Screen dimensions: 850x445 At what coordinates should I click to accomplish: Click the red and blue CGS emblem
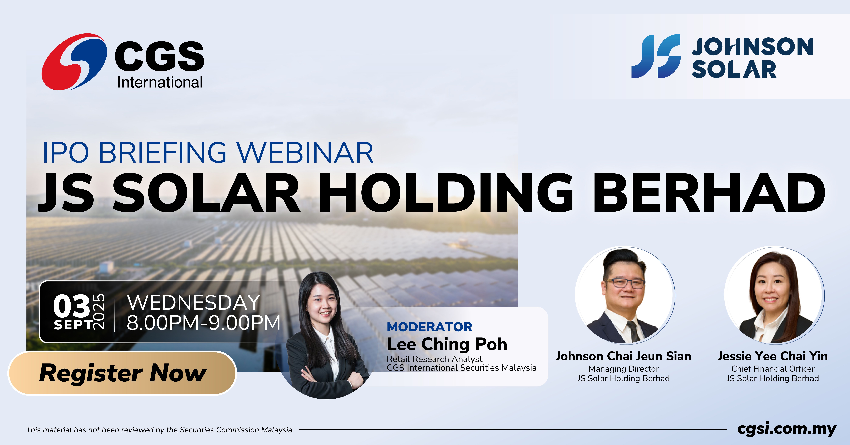(x=74, y=62)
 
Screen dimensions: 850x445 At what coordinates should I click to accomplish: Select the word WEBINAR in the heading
(x=305, y=153)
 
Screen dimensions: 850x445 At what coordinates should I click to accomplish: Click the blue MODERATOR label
(x=430, y=327)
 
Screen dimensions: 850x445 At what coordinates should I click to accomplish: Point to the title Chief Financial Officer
(x=773, y=369)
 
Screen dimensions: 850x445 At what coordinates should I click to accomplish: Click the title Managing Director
(x=623, y=369)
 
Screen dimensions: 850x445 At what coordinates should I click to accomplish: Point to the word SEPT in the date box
(x=73, y=325)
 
